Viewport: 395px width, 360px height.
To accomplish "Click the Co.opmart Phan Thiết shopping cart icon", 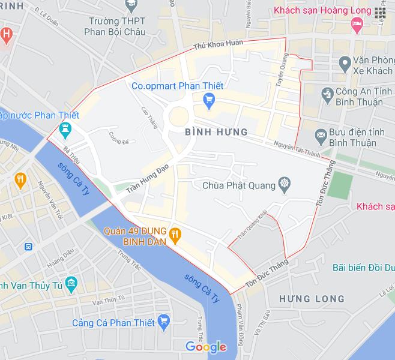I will click(x=209, y=100).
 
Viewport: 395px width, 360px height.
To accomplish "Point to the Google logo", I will click(x=206, y=346).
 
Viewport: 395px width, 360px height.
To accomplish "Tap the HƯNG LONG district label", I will click(x=312, y=298).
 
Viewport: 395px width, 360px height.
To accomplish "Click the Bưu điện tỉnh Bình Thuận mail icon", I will click(x=321, y=136).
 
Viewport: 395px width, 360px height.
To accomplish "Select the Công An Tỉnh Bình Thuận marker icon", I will click(x=327, y=94).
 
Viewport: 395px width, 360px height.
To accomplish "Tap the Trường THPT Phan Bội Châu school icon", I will click(x=129, y=6).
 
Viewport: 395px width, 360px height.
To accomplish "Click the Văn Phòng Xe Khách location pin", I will click(x=345, y=62).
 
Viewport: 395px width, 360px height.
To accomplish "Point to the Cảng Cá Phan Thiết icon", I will click(x=165, y=323).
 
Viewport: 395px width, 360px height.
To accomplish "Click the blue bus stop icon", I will click(x=28, y=247).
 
